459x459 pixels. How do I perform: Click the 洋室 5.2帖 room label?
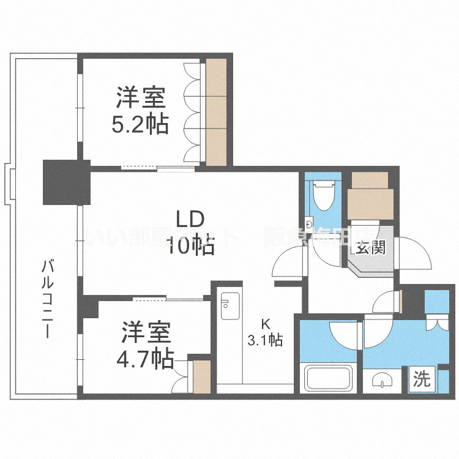coord(140,111)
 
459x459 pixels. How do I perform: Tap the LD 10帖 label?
coord(190,233)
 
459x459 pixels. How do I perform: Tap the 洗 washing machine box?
coord(421,379)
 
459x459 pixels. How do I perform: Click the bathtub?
coord(330,378)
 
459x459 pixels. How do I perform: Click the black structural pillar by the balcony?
coord(66,182)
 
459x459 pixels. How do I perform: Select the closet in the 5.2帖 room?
coord(216,112)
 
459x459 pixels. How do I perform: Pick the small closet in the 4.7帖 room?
coord(201,376)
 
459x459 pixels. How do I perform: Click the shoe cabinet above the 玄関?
coord(370,195)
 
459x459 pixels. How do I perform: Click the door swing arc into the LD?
coord(288,264)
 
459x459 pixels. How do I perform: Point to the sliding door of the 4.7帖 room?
coord(168,299)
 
